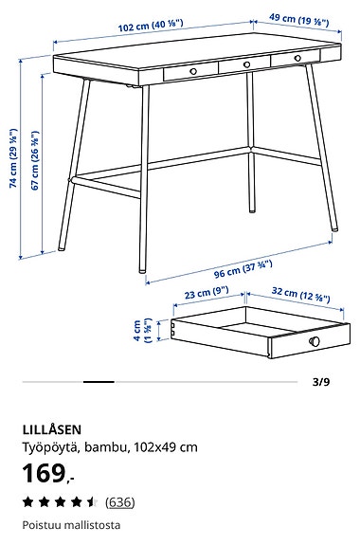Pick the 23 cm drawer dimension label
click(207, 295)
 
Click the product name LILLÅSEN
click(54, 428)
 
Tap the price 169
click(46, 473)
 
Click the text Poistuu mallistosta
click(71, 525)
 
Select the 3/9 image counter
click(321, 383)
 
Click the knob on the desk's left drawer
click(193, 71)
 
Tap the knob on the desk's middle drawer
click(246, 64)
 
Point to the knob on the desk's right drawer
click(297, 59)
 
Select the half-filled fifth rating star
click(92, 502)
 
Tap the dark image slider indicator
click(99, 382)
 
